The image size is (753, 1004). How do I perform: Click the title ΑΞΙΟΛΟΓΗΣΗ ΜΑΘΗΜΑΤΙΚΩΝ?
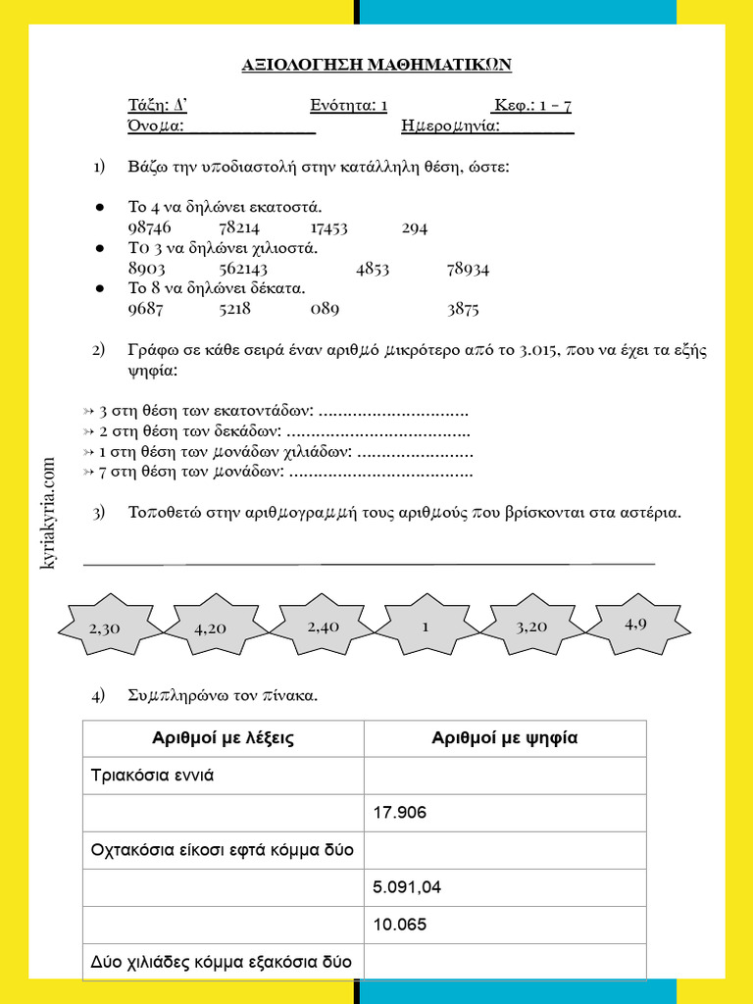click(376, 65)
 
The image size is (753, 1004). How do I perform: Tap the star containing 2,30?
click(104, 628)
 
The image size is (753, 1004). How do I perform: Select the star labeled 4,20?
click(211, 628)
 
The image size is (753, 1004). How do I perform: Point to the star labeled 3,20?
click(530, 627)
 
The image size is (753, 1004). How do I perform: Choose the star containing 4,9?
click(635, 623)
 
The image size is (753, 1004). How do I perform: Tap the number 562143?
click(243, 269)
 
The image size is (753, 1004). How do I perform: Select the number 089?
click(325, 309)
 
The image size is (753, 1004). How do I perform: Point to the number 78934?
click(468, 269)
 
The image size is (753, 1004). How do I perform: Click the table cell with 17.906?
click(505, 813)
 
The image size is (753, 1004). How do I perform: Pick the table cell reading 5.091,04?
click(505, 887)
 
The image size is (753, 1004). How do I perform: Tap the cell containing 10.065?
click(505, 925)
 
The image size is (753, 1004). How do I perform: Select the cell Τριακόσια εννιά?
click(224, 776)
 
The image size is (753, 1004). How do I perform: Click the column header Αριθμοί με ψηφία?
click(505, 738)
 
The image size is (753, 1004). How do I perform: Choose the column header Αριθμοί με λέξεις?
click(224, 738)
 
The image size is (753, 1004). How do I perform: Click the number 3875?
click(463, 309)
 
